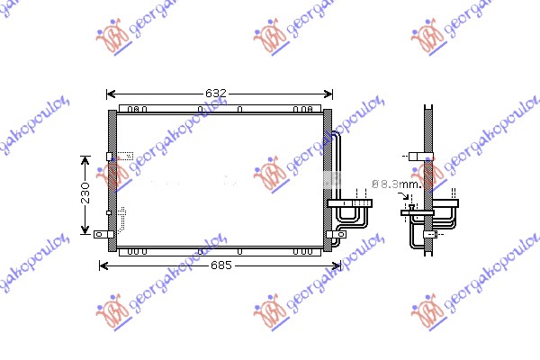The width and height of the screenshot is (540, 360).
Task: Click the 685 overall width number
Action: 221,265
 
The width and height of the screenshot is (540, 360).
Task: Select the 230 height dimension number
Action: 85,193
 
